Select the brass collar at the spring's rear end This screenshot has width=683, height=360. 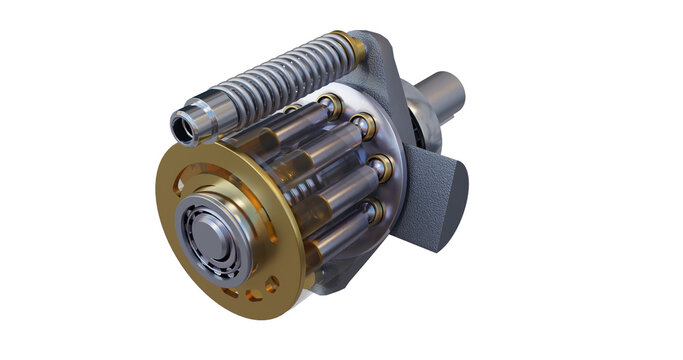pos(351,44)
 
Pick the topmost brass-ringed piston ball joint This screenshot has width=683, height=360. pos(330,104)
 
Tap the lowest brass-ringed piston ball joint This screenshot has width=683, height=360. pos(372,211)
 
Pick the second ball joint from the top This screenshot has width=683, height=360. pos(362,127)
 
